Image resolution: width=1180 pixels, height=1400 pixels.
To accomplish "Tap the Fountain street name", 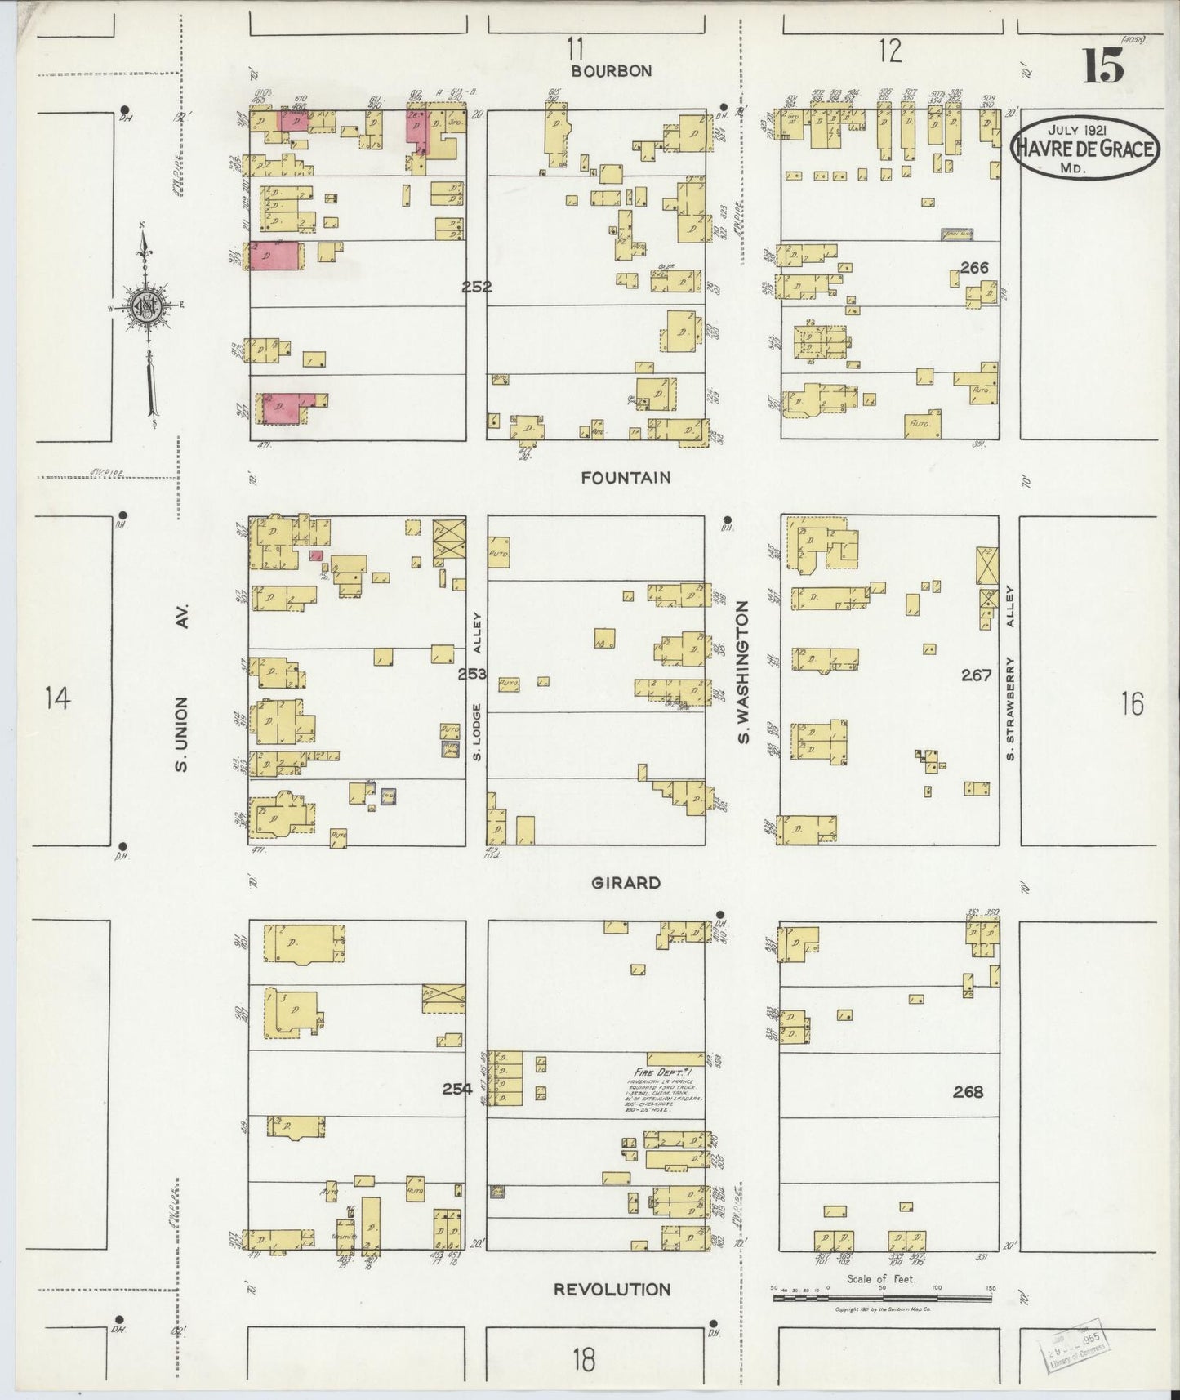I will coord(626,478).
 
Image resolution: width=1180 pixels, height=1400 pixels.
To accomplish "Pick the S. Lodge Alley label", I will coord(479,686).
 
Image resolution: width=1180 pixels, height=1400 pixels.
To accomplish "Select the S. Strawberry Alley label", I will coord(1010,671).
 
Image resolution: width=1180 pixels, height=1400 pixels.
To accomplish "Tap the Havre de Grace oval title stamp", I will coord(1084,147).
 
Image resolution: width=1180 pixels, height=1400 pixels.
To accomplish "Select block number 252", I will coord(476,287).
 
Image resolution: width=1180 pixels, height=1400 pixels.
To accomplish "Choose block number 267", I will coord(976,675).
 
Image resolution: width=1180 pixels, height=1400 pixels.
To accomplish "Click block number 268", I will coord(968,1091).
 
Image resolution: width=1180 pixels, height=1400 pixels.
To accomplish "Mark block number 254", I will coord(457,1088).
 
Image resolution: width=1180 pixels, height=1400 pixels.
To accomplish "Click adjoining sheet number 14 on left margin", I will coord(58,699).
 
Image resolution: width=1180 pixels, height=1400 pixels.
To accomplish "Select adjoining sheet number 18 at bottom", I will coord(583,1360).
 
